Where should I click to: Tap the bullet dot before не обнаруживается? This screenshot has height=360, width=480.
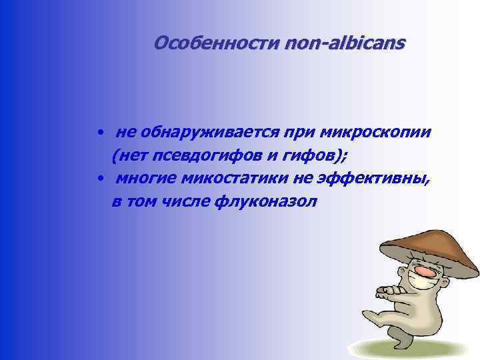[x=98, y=133]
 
